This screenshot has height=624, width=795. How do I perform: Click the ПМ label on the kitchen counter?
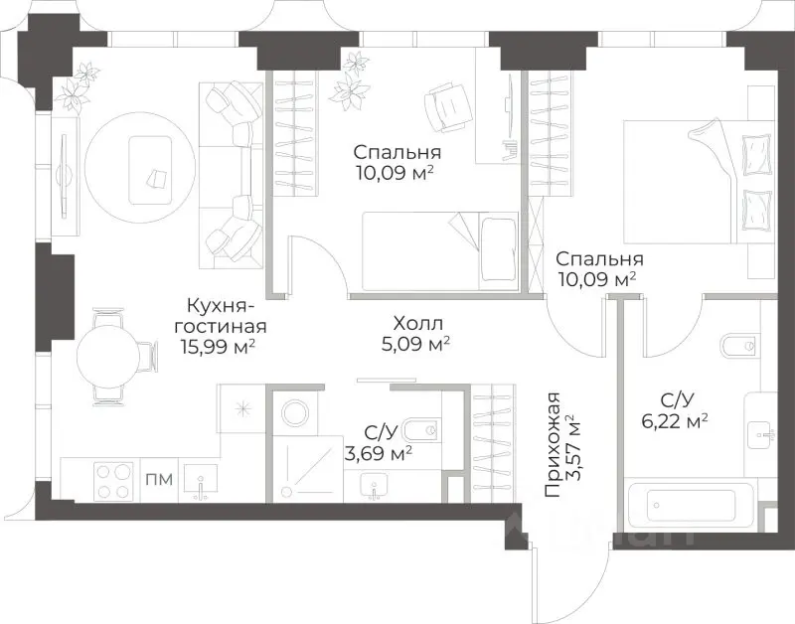coord(159,479)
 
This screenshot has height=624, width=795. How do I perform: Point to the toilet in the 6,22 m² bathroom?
coord(740,346)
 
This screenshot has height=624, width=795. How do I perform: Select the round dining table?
coord(107,356)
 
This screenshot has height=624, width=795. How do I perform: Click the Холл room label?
coord(417,323)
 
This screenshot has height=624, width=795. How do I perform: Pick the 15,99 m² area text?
coord(217,347)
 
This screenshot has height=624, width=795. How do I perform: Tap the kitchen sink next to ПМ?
coord(201,483)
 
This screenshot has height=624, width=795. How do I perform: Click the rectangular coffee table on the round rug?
coord(150,170)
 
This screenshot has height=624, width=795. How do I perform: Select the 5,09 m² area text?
coord(415,345)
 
